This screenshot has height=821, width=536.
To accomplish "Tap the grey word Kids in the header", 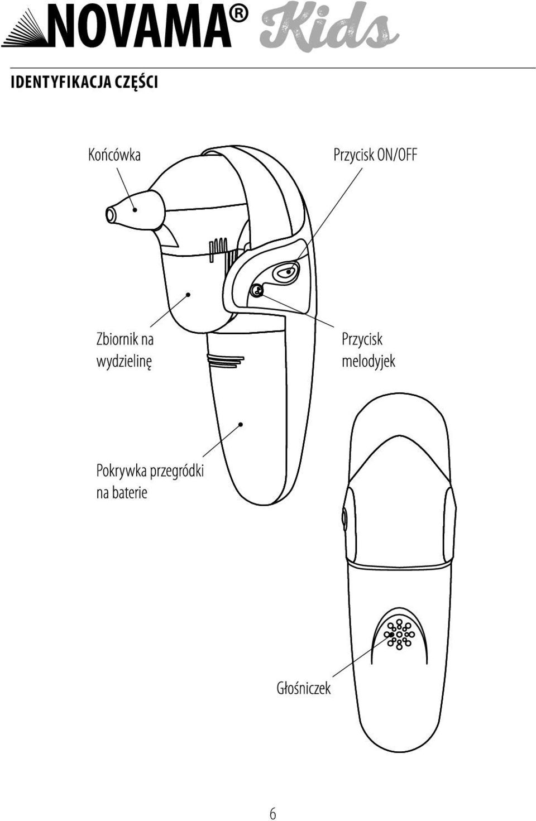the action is tap(329, 26).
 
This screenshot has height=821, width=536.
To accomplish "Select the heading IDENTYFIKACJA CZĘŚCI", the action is tap(84, 82).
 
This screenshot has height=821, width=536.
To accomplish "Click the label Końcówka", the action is tap(114, 155).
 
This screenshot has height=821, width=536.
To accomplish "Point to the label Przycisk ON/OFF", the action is tap(375, 155).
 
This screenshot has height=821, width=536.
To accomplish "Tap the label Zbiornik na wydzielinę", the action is tap(125, 350).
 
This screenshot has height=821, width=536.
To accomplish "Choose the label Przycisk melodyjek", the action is tap(368, 350).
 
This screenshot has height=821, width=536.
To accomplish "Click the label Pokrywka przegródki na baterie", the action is tap(150, 481).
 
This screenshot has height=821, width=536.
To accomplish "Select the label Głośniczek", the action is tap(304, 688).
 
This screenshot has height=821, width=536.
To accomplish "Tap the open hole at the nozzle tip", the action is tap(110, 215).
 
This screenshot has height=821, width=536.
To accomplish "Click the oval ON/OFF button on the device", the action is tap(286, 272).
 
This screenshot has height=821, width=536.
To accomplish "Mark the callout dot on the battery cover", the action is tap(241, 424).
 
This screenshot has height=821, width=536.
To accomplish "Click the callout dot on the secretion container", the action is tap(188, 294).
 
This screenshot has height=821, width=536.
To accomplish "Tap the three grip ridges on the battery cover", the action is tap(224, 361).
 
